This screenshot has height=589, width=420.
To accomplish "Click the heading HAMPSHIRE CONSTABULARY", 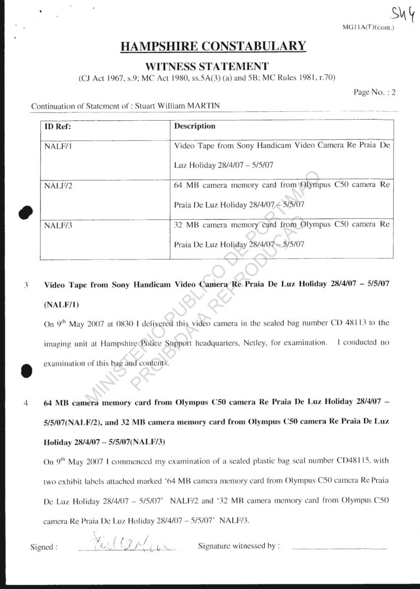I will pos(213,46).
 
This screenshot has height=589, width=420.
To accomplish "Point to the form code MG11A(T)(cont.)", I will pos(372,27).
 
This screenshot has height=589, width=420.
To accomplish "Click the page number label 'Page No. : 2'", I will pos(375,93).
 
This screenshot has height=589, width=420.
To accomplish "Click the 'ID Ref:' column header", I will pos(58,126).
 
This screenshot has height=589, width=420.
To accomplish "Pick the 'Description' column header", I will pos(194,126).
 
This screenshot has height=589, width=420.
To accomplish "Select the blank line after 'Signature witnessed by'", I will pos(339,548).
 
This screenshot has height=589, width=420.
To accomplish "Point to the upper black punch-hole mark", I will pos(25,213).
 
